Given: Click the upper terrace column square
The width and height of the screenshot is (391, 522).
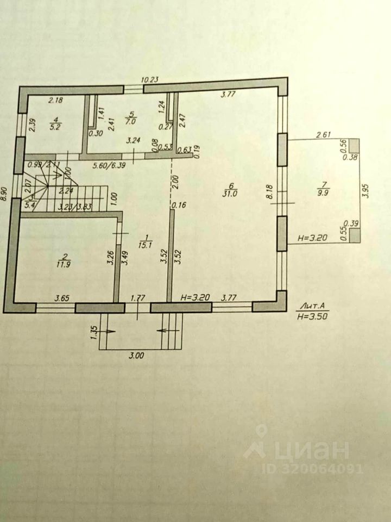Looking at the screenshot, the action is pyautogui.click(x=354, y=146).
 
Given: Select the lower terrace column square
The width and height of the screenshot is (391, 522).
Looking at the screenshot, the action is pyautogui.click(x=354, y=235).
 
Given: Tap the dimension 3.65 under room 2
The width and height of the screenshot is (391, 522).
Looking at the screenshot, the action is pyautogui.click(x=62, y=298).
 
